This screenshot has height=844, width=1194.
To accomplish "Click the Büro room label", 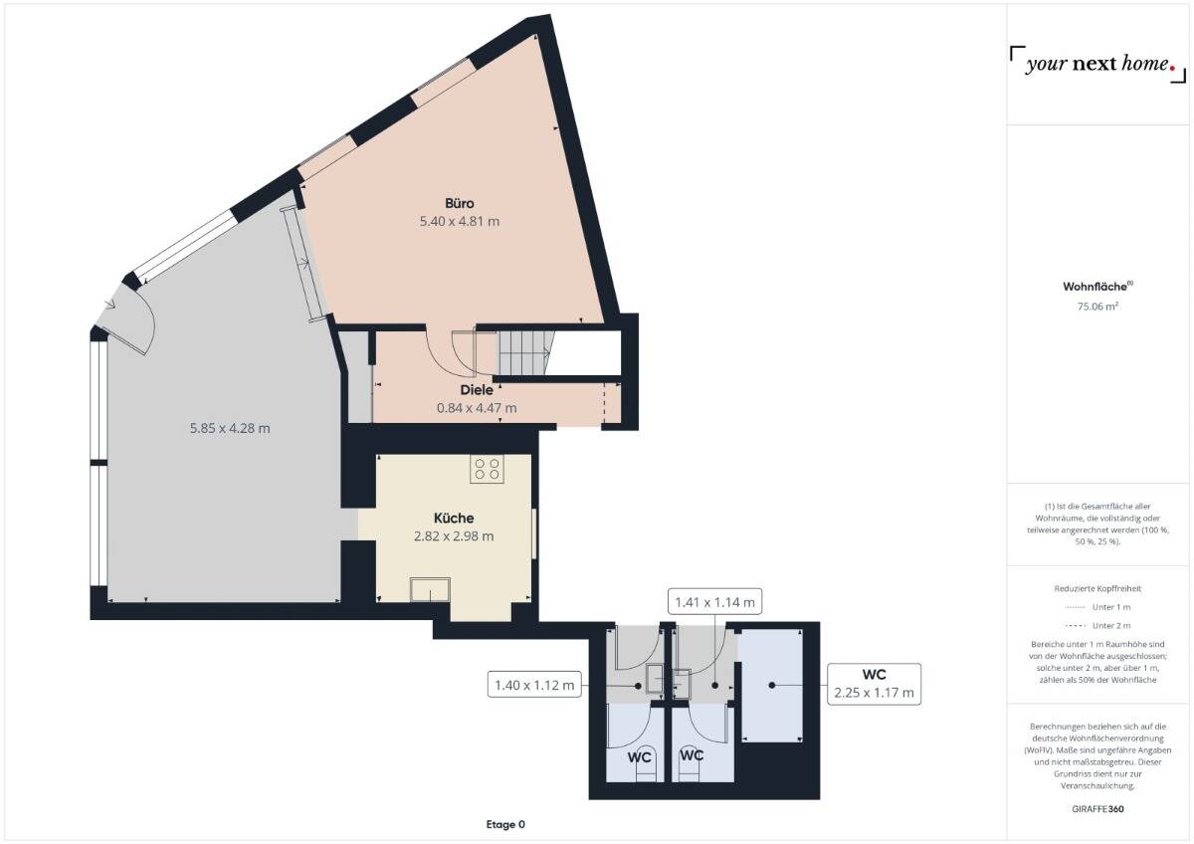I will click(x=459, y=203).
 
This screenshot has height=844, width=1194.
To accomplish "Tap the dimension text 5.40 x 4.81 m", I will click(x=459, y=221).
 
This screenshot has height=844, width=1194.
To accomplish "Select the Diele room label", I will click(x=477, y=390).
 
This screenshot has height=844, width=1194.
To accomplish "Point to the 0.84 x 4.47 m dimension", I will click(x=477, y=408).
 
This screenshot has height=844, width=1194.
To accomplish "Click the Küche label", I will click(x=454, y=518).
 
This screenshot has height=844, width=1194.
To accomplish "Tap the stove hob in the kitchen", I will click(x=487, y=469).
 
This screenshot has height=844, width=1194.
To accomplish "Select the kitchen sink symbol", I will click(x=429, y=590).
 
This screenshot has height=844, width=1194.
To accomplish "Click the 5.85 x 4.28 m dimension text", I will click(x=230, y=428).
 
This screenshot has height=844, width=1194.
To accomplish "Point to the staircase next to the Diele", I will click(x=524, y=352).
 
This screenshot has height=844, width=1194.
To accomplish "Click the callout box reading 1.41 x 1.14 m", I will click(x=714, y=601).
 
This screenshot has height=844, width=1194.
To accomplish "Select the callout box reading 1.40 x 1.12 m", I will click(x=534, y=685).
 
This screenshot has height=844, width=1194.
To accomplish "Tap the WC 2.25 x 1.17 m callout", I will click(x=874, y=684).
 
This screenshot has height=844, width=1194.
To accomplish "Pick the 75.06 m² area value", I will click(x=1097, y=307).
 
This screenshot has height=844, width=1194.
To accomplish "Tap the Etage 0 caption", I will click(x=504, y=824).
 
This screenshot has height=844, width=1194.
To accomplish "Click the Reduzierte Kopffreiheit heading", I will click(x=1097, y=588).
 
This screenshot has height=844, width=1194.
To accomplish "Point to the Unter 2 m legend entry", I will click(x=1097, y=625).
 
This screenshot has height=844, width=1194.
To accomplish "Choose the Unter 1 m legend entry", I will click(x=1097, y=606).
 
